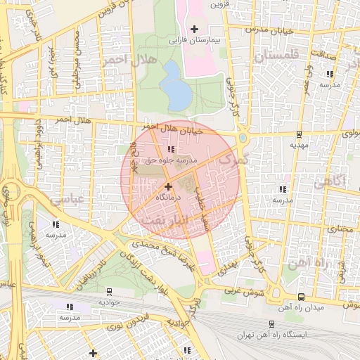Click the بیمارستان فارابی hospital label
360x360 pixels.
coord(194,41)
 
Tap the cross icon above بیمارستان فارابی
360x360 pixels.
coord(195,28)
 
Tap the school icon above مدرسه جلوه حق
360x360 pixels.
coord(171,148)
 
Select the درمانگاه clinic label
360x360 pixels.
coord(168,199)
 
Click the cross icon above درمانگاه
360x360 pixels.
coord(168,186)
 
